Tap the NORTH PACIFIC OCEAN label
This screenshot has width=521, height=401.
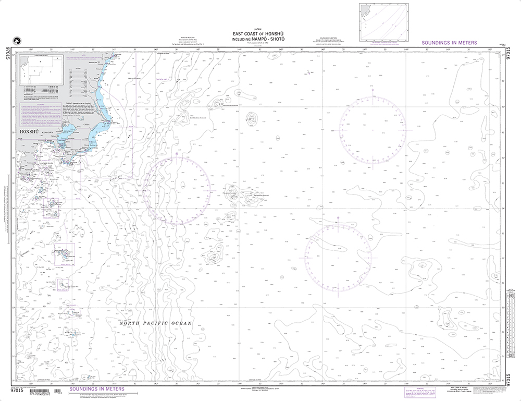point(156,323)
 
